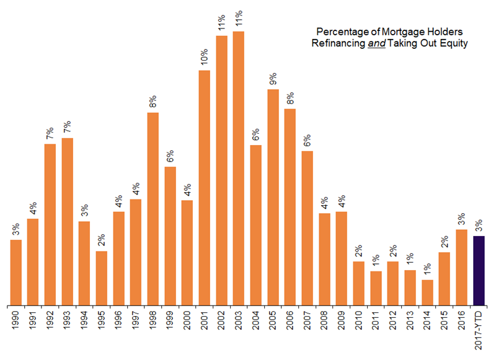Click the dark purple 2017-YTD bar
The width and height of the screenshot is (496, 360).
pos(478,270)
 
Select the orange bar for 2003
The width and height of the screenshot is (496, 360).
pos(239,168)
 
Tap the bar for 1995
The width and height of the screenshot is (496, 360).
pos(102,278)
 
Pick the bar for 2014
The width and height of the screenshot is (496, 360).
pos(427,292)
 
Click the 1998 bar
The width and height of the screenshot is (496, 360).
pos(153,208)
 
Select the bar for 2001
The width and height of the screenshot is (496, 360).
pos(205,187)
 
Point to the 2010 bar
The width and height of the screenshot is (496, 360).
pos(358,283)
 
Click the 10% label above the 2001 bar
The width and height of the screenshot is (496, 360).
pos(204,56)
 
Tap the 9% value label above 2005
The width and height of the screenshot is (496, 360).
pos(273,79)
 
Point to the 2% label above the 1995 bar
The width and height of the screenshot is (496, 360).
pos(102,240)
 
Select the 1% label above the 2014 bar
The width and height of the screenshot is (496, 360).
pos(427,270)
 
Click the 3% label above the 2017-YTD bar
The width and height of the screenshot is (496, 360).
pos(478,226)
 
